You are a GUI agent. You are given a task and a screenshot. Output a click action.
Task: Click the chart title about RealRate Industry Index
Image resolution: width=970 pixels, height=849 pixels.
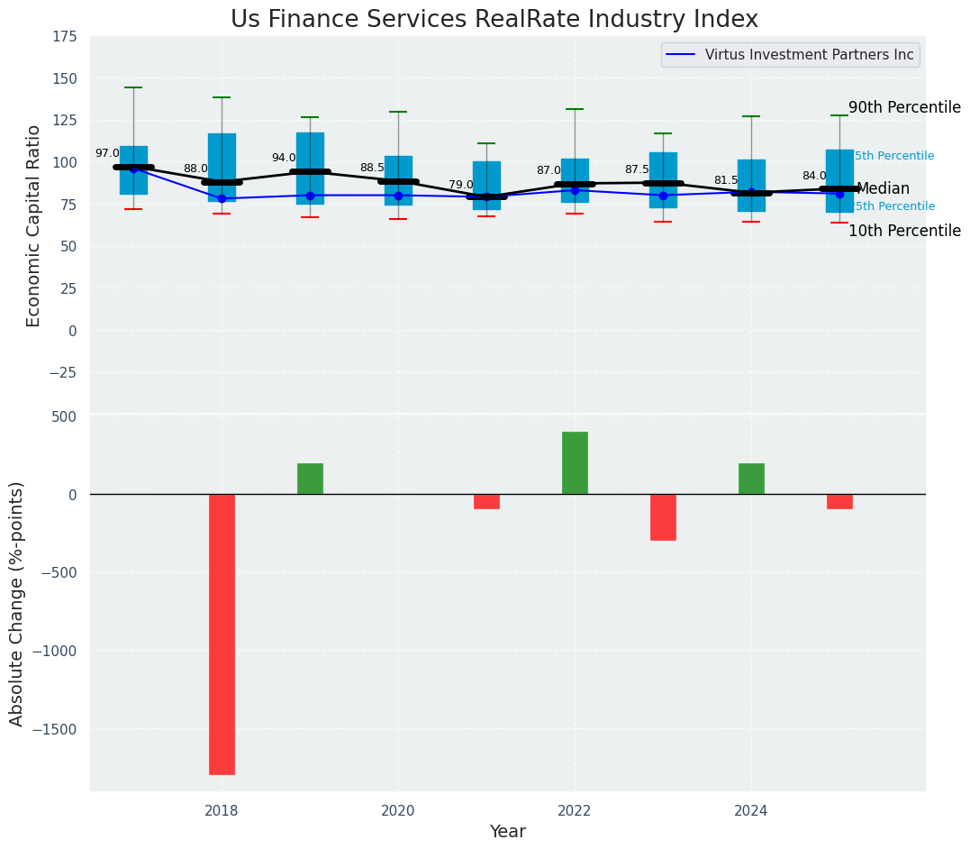tap(494, 19)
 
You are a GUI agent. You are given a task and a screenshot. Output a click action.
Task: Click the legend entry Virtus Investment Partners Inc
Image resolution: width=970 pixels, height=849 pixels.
tap(809, 55)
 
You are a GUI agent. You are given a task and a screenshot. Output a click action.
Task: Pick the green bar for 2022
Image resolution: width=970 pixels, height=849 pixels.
tap(575, 462)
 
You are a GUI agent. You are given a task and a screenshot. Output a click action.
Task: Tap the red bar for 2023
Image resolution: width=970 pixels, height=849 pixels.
tap(663, 516)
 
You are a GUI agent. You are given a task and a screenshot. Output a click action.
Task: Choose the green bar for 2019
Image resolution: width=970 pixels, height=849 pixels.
tap(310, 479)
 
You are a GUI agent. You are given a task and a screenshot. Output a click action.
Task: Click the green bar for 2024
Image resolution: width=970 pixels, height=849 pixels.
tap(751, 479)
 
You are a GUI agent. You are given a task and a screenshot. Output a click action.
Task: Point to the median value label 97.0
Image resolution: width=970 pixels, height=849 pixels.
tap(107, 154)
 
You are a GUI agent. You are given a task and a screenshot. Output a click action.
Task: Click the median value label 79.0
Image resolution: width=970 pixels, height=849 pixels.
tap(461, 185)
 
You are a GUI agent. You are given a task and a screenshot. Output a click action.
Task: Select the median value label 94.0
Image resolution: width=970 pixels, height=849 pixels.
tap(284, 158)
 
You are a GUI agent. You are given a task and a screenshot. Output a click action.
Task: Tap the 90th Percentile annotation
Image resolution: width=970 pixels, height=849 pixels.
tap(904, 107)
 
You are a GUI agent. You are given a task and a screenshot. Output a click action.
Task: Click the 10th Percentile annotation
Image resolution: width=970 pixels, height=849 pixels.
tap(904, 231)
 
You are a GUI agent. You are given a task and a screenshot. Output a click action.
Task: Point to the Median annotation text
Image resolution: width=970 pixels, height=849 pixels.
tap(883, 188)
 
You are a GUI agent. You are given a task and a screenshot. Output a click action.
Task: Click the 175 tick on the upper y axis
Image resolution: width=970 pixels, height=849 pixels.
tap(64, 37)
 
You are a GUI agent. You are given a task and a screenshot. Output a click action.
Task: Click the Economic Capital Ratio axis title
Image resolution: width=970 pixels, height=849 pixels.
tap(34, 225)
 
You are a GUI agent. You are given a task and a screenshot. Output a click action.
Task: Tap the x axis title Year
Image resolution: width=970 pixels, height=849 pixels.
tap(507, 832)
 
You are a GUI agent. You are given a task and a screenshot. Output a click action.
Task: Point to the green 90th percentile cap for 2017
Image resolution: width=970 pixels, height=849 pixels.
tap(133, 87)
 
